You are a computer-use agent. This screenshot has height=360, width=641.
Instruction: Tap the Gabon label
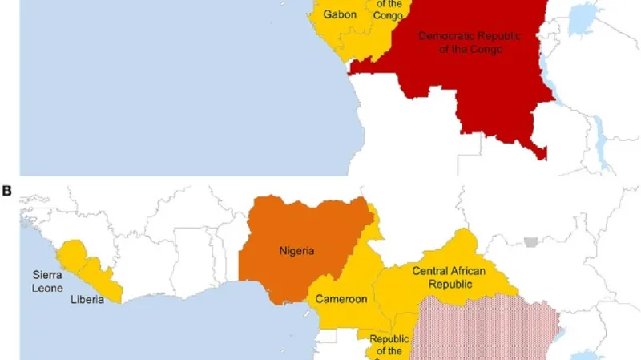click(340, 14)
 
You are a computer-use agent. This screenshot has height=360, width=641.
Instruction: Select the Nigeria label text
click(296, 250)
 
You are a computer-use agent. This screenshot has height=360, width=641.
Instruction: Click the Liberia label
click(88, 301)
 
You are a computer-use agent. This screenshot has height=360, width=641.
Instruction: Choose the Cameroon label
click(341, 299)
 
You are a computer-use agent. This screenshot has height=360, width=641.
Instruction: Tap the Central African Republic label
click(448, 277)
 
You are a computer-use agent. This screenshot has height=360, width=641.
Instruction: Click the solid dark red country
click(481, 88)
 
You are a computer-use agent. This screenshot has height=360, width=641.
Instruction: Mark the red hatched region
click(489, 329)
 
